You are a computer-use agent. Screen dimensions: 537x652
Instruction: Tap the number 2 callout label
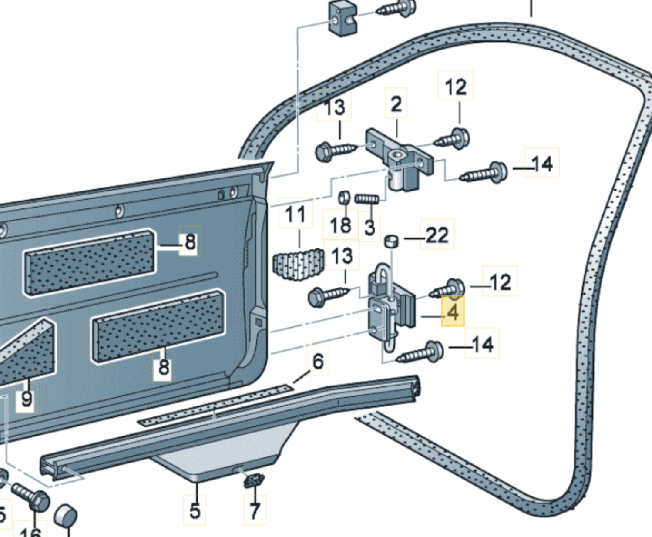click(x=396, y=104)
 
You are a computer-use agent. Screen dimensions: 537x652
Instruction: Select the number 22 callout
click(x=437, y=235)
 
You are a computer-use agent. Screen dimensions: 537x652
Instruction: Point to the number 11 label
click(x=295, y=214)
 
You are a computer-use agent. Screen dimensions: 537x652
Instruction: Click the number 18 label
click(x=341, y=225)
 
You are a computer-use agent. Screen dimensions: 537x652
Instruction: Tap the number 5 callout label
click(x=195, y=511)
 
